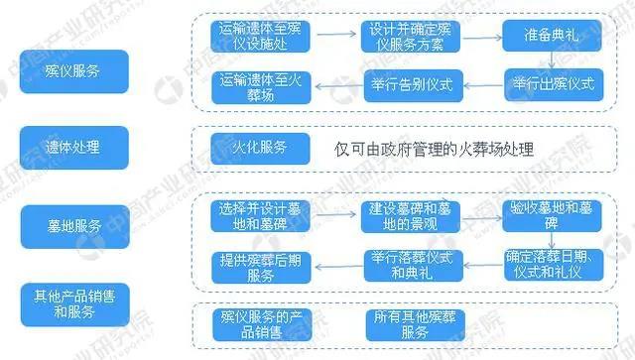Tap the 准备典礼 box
(553, 36)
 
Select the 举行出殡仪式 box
(553, 83)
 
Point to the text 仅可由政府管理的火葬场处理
(435, 151)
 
